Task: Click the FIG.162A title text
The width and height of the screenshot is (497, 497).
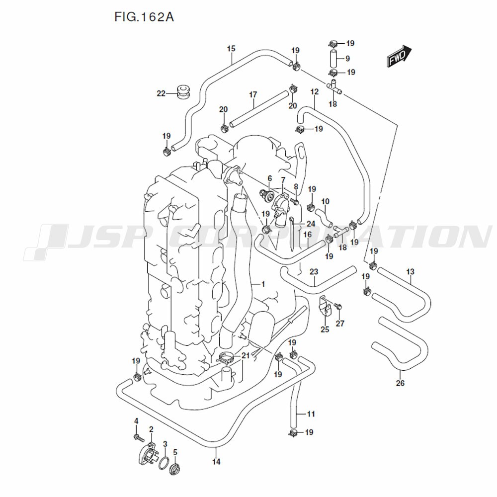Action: [144, 18]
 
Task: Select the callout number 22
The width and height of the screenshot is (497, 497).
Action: [161, 93]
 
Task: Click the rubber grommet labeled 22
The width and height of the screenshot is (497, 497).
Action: [184, 91]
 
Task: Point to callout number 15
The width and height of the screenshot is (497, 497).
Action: [231, 49]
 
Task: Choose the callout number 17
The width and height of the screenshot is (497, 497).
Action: [253, 94]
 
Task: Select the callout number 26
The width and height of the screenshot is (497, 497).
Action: [400, 383]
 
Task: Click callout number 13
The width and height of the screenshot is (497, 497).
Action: [410, 271]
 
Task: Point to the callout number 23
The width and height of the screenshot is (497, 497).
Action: [314, 271]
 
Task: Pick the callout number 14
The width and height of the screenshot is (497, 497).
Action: [216, 462]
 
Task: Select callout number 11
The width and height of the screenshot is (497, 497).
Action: [311, 414]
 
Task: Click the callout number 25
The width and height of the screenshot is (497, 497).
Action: [325, 329]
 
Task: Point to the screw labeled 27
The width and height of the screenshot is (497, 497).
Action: [338, 306]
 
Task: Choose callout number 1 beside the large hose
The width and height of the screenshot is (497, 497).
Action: [263, 284]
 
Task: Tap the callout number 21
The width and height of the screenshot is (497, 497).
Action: [246, 355]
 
